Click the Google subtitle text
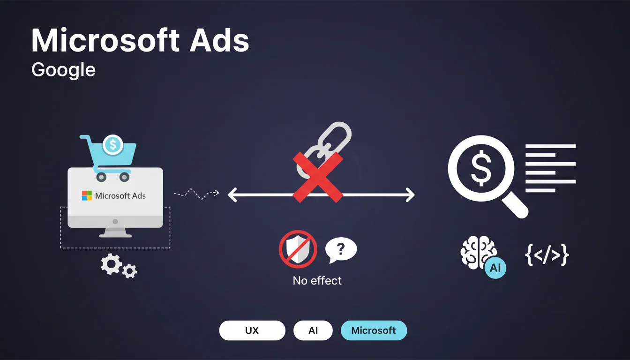click(63, 70)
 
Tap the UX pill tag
click(252, 330)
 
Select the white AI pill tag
click(313, 330)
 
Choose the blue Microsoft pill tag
click(374, 330)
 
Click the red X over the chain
click(318, 178)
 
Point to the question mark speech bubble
click(341, 250)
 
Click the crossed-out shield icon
click(298, 249)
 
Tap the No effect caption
click(317, 281)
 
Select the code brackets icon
click(547, 255)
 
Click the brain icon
click(478, 252)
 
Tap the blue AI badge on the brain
click(495, 268)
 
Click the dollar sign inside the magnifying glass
click(481, 168)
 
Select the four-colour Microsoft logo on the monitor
click(87, 195)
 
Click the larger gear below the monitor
click(112, 264)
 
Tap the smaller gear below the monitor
click(129, 271)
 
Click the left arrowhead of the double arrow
click(232, 195)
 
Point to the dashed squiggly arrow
click(196, 194)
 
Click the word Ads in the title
click(219, 40)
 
